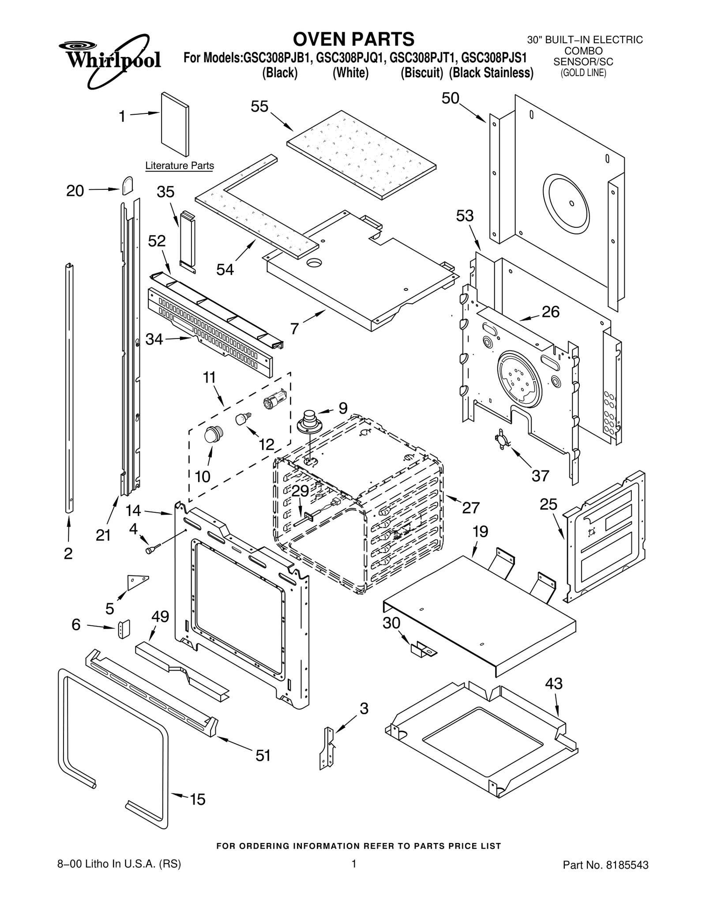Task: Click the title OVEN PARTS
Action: point(353,39)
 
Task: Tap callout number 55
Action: point(259,107)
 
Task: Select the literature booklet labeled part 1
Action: point(175,124)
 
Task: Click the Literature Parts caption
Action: point(180,166)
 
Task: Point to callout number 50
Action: point(451,98)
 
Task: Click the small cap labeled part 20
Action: point(127,185)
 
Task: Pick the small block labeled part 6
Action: point(124,629)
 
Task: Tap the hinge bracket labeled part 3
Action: point(327,748)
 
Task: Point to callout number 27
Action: point(470,508)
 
